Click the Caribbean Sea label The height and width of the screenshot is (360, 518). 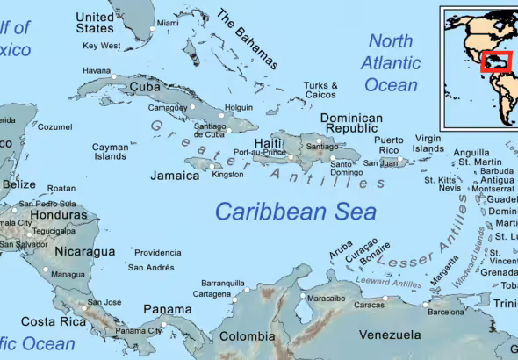pos(296,212)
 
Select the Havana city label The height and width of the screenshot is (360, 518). pos(97,70)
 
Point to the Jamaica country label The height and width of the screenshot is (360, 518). pos(175,176)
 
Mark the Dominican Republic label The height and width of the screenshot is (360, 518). pos(351,123)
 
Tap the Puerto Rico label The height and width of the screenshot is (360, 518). pos(389,145)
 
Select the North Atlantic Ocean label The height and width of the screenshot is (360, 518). pos(391,62)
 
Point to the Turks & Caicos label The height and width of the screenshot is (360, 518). pos(320,90)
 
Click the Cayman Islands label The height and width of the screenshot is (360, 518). pos(110,152)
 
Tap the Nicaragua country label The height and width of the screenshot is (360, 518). pos(85,252)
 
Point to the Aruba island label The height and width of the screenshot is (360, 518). pos(341,254)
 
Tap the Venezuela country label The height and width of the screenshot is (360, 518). pos(391,335)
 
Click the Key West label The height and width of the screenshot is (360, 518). pos(101,46)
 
